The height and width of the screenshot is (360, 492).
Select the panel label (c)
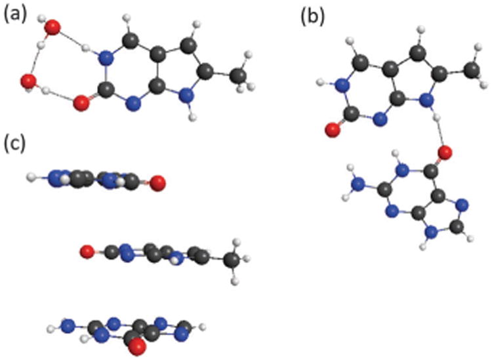coord(14,142)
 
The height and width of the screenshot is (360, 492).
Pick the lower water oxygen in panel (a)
coord(28,81)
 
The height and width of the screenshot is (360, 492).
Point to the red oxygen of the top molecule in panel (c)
coord(156,182)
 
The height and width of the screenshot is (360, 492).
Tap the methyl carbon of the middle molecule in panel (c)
coord(231,260)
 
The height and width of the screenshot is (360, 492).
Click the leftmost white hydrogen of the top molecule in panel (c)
coord(31,176)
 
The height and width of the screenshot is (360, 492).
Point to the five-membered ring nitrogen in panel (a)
coord(188,96)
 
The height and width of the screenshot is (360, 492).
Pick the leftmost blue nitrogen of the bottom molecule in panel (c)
coord(65,325)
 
